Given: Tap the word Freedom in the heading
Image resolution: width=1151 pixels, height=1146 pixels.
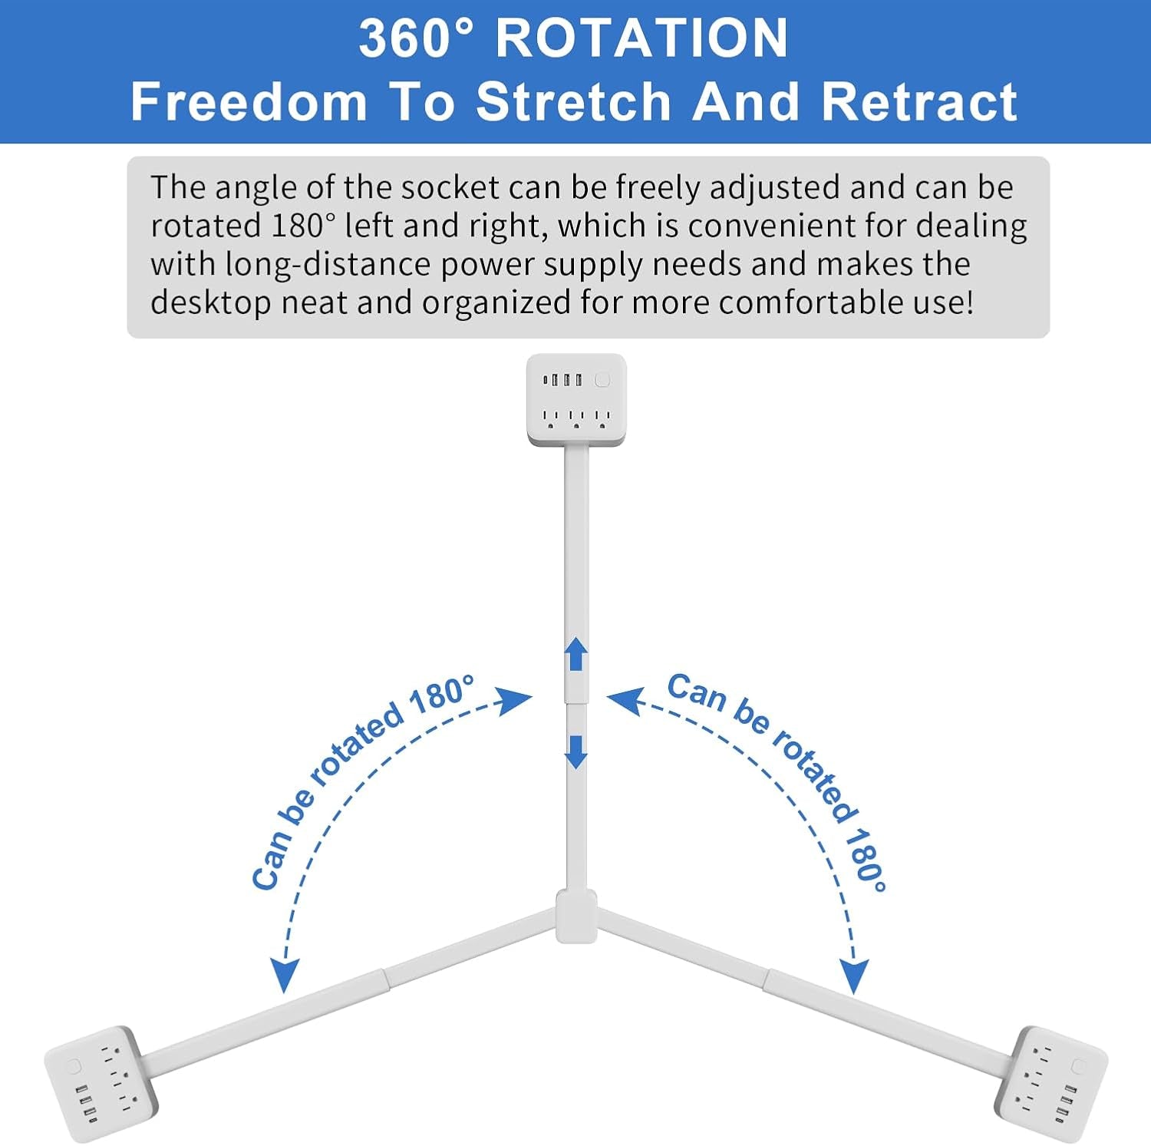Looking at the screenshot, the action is pos(249,101).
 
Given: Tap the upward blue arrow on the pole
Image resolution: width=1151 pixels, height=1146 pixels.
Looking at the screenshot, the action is pos(576,655).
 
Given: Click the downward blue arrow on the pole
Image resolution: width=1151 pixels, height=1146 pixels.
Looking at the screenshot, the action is pos(576,752).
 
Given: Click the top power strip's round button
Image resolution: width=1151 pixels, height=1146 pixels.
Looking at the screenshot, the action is pos(602,379).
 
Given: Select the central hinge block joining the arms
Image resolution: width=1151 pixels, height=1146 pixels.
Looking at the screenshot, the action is pos(576,916).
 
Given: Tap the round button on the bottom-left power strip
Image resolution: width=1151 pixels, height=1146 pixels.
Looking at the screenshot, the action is pos(74,1066).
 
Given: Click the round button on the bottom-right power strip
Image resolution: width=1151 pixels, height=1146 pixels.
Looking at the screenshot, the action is pos(1078,1066).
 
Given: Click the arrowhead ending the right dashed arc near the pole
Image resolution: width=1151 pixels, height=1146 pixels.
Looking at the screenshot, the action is pos(625,701).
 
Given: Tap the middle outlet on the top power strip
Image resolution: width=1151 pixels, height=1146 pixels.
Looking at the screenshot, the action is pos(576,418).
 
